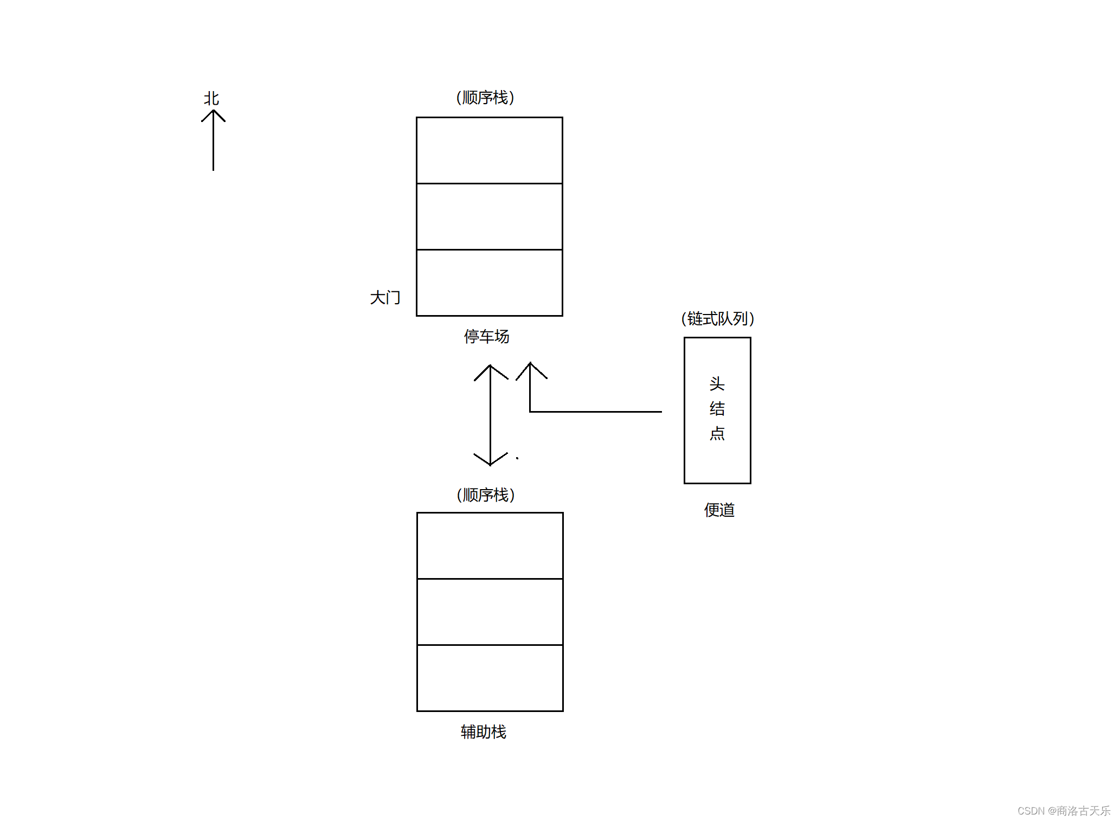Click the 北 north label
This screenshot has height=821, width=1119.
(x=211, y=99)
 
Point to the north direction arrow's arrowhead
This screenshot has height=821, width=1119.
(x=213, y=113)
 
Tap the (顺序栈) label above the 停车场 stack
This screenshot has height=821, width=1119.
(x=485, y=98)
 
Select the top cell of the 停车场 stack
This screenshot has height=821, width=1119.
(x=489, y=150)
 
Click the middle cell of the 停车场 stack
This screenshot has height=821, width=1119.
(x=489, y=216)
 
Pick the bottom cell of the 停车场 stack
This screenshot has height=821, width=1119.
(x=489, y=283)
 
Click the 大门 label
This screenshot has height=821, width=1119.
(x=385, y=297)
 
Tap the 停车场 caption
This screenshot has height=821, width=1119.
(x=486, y=336)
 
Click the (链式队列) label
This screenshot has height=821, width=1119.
(x=718, y=318)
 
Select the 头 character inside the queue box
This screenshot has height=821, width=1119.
(x=717, y=384)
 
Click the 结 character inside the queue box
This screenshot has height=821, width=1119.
(x=717, y=408)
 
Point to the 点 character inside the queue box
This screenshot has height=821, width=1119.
(x=717, y=433)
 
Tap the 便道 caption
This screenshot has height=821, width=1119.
(x=719, y=510)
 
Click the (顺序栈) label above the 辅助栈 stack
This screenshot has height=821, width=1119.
(x=486, y=495)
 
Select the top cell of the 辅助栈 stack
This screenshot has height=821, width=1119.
(x=490, y=546)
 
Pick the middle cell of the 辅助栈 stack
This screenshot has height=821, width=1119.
(x=490, y=612)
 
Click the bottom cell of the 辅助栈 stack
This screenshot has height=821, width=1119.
(x=490, y=678)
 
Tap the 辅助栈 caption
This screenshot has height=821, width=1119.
(x=483, y=732)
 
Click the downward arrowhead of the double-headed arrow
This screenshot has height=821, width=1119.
(x=490, y=462)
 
